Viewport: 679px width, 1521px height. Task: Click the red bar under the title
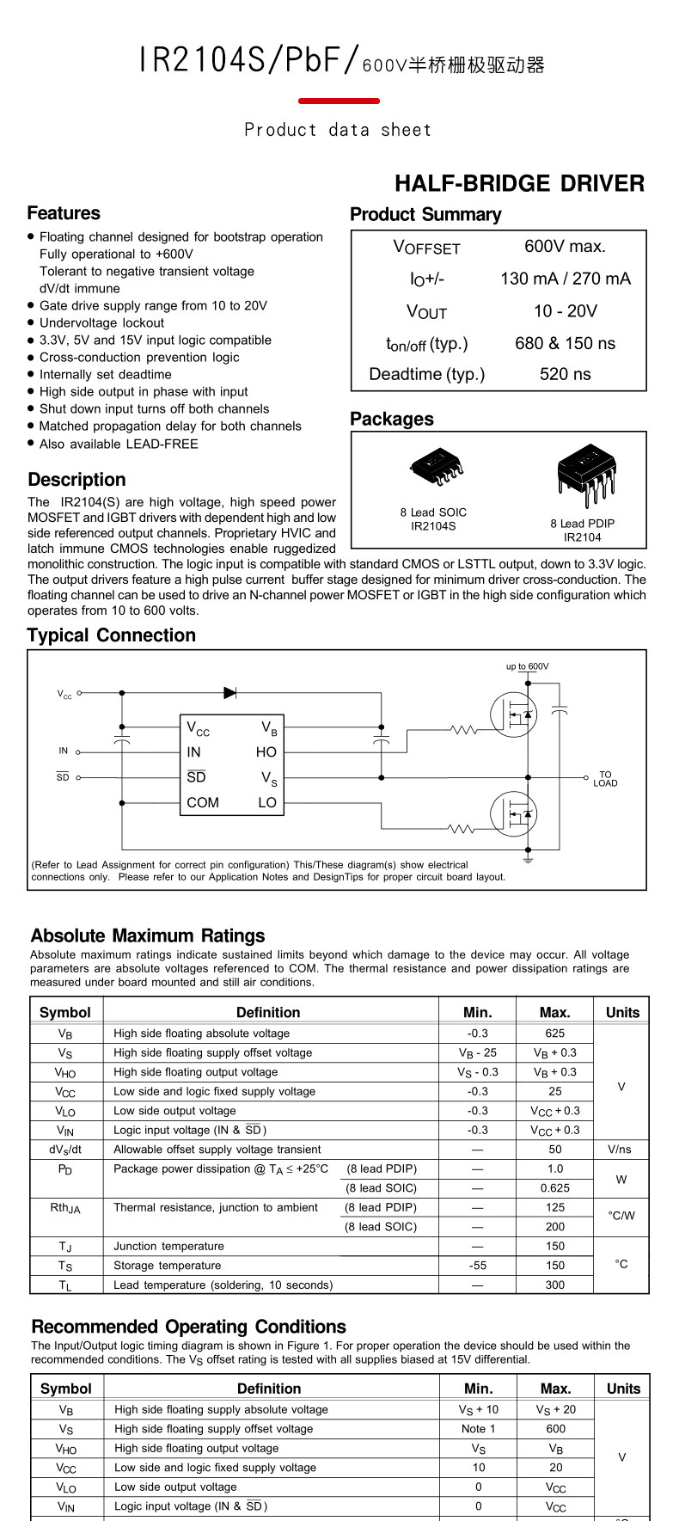pyautogui.click(x=339, y=101)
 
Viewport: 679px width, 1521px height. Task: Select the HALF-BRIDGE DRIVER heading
pyautogui.click(x=519, y=184)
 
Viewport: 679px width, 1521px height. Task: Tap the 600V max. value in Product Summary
pyautogui.click(x=565, y=247)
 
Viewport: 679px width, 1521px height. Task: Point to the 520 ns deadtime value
pyautogui.click(x=565, y=374)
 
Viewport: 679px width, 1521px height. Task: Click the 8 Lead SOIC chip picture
pyautogui.click(x=437, y=467)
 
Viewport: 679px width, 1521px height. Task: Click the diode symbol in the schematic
pyautogui.click(x=229, y=692)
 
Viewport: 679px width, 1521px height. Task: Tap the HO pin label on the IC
pyautogui.click(x=266, y=752)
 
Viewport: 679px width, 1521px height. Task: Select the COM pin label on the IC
pyautogui.click(x=203, y=803)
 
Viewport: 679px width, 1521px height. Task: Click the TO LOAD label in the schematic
pyautogui.click(x=605, y=779)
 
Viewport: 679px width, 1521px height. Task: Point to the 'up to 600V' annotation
pyautogui.click(x=527, y=666)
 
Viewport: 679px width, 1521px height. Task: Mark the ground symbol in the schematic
pyautogui.click(x=528, y=857)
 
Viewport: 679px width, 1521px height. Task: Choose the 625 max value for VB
pyautogui.click(x=554, y=1033)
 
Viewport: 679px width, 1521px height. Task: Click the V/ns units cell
pyautogui.click(x=621, y=1150)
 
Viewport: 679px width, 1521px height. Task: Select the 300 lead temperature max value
pyautogui.click(x=554, y=1285)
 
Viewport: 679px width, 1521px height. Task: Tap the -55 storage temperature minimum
pyautogui.click(x=478, y=1266)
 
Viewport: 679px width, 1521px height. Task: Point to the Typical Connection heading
pyautogui.click(x=112, y=635)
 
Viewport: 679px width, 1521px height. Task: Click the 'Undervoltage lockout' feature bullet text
pyautogui.click(x=101, y=323)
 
